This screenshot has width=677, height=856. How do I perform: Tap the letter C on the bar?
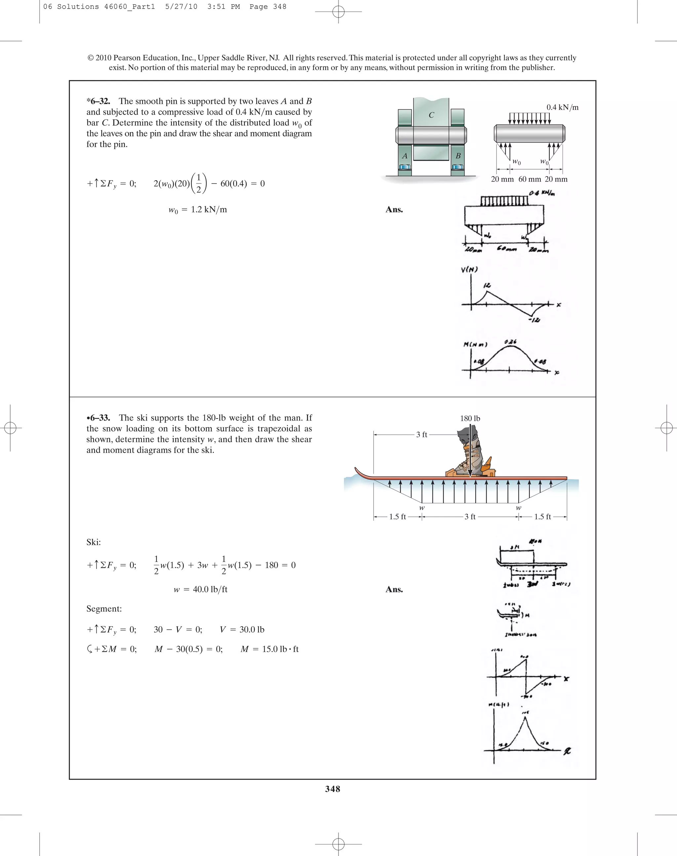(431, 115)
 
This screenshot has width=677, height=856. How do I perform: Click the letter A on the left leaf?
(404, 156)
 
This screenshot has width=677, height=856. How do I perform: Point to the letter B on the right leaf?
(458, 156)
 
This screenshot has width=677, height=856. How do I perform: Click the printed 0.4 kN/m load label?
(562, 107)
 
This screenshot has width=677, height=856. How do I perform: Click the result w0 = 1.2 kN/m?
(197, 210)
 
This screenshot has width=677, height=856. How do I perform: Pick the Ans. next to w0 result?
(394, 210)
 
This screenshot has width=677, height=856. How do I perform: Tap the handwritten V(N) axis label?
(469, 269)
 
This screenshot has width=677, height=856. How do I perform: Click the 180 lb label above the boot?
(470, 418)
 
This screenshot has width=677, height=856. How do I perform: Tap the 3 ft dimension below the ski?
(470, 517)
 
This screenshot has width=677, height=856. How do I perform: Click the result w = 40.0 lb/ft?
(200, 589)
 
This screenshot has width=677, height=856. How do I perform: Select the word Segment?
(104, 609)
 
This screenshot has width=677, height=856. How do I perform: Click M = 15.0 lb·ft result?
(269, 649)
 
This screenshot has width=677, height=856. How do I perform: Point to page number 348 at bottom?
(333, 789)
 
